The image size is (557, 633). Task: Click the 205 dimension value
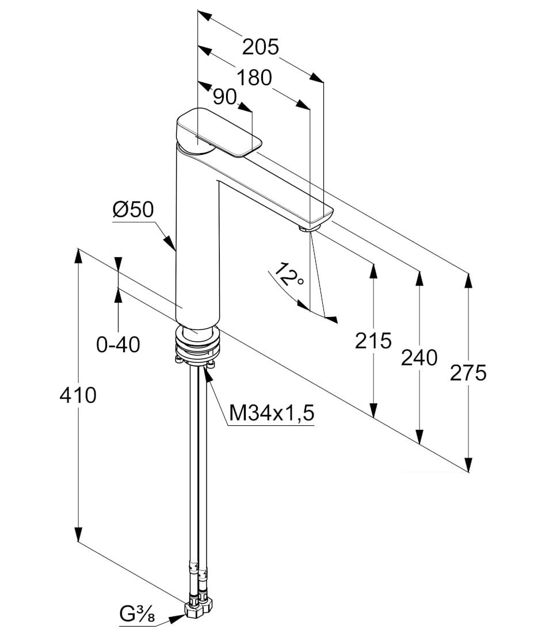coord(260,47)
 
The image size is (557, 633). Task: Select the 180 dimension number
coord(254,78)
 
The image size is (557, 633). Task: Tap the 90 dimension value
coord(224,97)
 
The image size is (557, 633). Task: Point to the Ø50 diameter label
coord(133,210)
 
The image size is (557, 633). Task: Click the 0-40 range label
coord(119,345)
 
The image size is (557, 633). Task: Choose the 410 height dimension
coord(78,395)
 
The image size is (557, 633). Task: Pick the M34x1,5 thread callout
coord(272,413)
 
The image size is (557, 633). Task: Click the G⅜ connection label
coord(137,615)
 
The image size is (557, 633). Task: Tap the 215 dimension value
coord(373,341)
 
